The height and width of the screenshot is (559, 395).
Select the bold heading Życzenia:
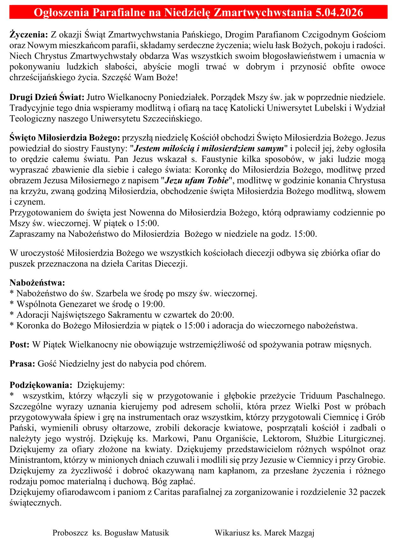click(29, 34)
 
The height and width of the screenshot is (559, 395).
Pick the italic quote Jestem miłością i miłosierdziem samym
click(209, 148)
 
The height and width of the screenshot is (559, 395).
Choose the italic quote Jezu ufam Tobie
click(197, 181)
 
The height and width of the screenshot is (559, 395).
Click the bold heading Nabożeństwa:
click(37, 282)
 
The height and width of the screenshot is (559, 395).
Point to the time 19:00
click(154, 304)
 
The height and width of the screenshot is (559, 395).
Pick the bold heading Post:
click(20, 345)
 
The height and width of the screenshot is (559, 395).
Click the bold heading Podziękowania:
click(39, 385)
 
